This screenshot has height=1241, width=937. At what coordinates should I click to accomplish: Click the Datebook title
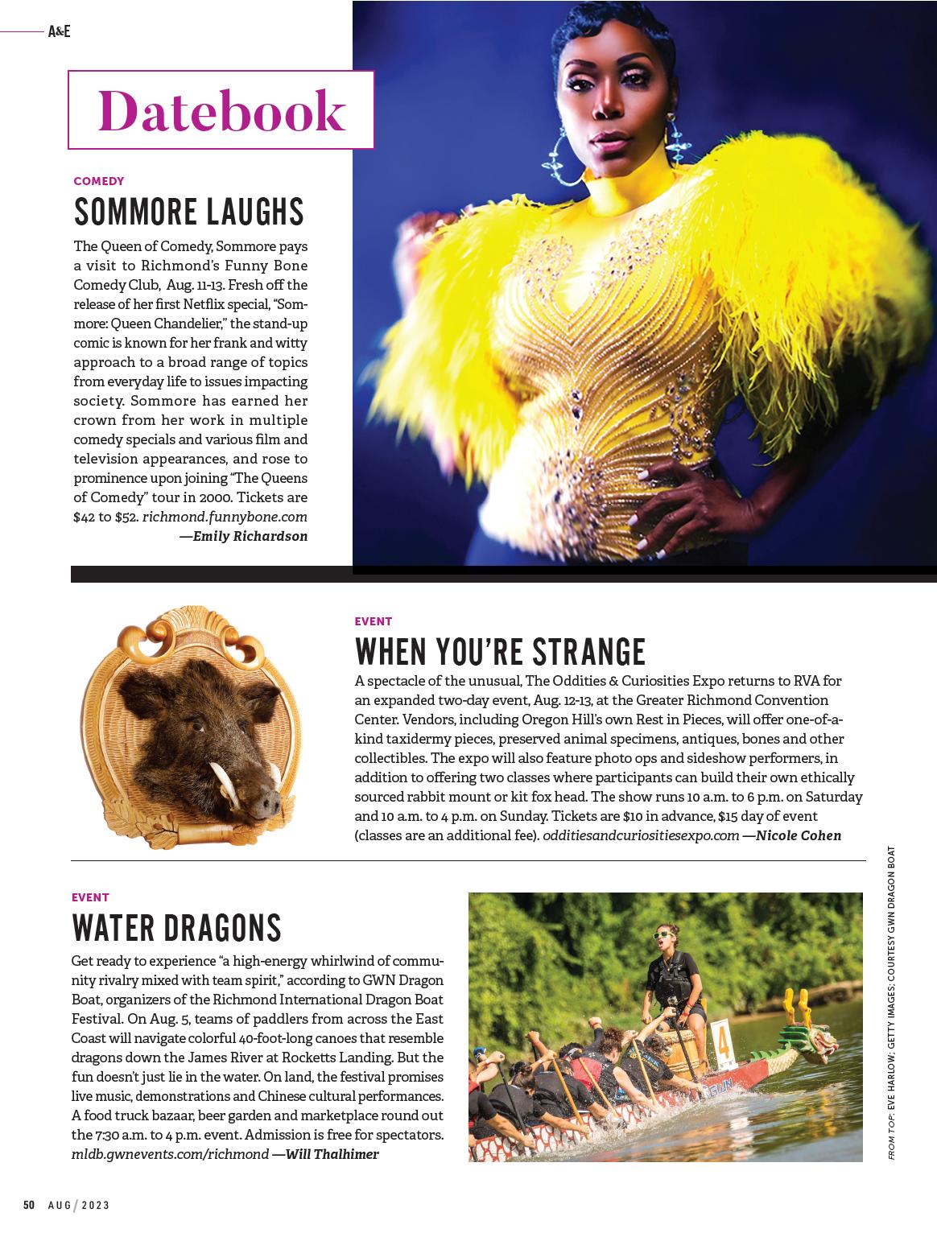[x=221, y=110]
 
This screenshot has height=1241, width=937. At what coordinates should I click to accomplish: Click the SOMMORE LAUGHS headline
[x=189, y=211]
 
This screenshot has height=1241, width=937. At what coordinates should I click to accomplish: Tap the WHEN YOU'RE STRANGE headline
[x=500, y=650]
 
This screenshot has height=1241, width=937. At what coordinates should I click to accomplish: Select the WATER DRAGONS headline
[x=176, y=927]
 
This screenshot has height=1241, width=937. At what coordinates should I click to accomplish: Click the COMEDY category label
[x=99, y=181]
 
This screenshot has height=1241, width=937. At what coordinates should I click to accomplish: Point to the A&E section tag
[x=60, y=32]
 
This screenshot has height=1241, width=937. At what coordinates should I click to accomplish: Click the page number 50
[x=29, y=1205]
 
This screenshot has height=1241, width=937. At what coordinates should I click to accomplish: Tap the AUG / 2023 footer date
[x=79, y=1205]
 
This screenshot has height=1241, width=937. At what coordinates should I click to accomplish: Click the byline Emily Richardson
[x=245, y=536]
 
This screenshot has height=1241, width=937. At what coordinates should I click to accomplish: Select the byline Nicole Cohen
[x=793, y=835]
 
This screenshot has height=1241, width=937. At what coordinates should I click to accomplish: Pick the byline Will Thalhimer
[x=326, y=1154]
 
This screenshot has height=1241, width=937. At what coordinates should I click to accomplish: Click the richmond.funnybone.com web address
[x=225, y=517]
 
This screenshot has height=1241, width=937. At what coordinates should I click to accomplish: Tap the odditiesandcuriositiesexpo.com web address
[x=641, y=835]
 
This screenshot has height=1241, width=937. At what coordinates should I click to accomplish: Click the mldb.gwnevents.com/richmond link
[x=170, y=1154]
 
